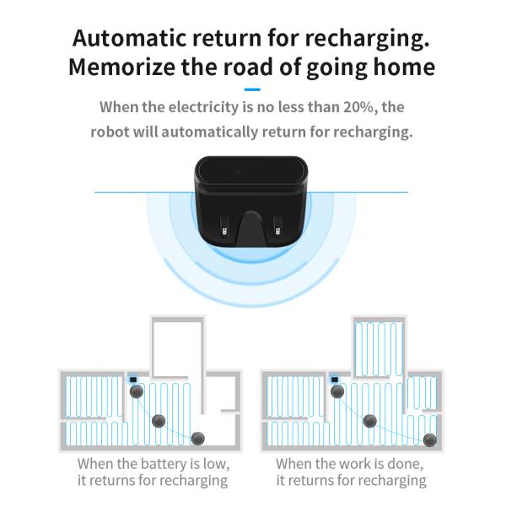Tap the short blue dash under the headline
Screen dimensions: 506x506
click(252, 89)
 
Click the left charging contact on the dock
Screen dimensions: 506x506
click(223, 226)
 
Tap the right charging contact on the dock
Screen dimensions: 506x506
click(279, 226)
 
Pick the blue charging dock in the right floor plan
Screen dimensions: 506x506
click(336, 379)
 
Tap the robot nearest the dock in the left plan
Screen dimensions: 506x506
click(136, 390)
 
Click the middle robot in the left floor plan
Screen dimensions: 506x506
click(158, 421)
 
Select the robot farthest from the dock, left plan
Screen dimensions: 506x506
click(198, 437)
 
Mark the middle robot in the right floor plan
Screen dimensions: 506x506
click(369, 421)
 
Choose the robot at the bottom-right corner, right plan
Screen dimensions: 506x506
click(430, 439)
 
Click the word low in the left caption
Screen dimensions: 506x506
click(216, 464)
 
